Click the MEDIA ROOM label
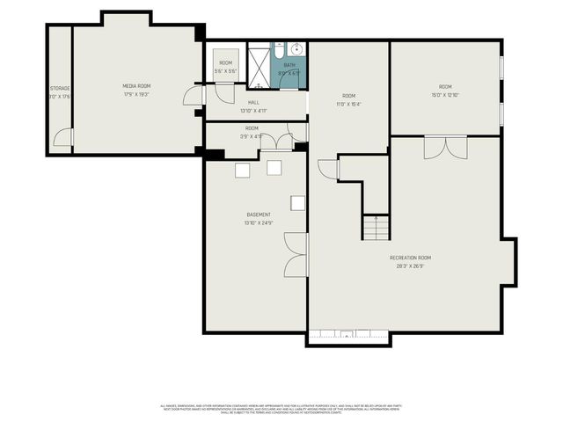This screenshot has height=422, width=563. coord(136,85)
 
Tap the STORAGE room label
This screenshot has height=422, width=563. coord(59,89)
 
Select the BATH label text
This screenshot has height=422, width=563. coord(289,64)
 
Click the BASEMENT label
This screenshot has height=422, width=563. coord(259,215)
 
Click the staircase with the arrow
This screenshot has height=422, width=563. coord(375,229)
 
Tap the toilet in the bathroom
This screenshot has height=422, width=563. coord(290,77)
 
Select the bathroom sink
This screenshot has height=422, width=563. coord(296,48)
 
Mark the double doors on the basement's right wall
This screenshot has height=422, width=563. coord(299,254)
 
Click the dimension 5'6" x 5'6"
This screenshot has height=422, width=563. coord(226,70)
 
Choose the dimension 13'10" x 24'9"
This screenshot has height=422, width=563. coord(259,222)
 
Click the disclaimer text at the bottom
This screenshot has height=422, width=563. coord(281,408)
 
